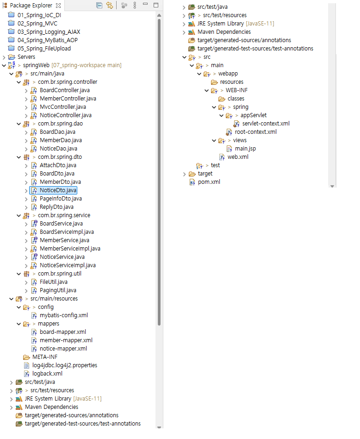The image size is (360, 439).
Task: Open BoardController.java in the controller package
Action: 64,90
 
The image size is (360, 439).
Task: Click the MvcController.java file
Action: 62,107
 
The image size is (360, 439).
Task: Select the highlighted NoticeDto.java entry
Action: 58,190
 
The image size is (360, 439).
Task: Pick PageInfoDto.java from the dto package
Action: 61,199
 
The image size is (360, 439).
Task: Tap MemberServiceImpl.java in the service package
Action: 70,249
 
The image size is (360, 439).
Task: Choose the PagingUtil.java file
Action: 58,290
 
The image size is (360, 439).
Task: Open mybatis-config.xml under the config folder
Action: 63,315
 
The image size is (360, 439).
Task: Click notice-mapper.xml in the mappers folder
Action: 63,349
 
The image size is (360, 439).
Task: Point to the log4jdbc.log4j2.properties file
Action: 64,365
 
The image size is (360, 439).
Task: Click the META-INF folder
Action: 44,357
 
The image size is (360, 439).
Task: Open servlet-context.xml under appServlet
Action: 266,124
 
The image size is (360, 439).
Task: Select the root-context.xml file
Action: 255,132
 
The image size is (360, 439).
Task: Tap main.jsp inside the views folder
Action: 245,149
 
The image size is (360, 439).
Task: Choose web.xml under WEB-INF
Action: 238,157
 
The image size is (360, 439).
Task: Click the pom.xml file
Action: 209,182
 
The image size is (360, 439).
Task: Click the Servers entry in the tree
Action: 26,57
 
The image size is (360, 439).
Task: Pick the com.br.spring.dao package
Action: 60,124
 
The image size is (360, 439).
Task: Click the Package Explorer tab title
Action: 31,6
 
